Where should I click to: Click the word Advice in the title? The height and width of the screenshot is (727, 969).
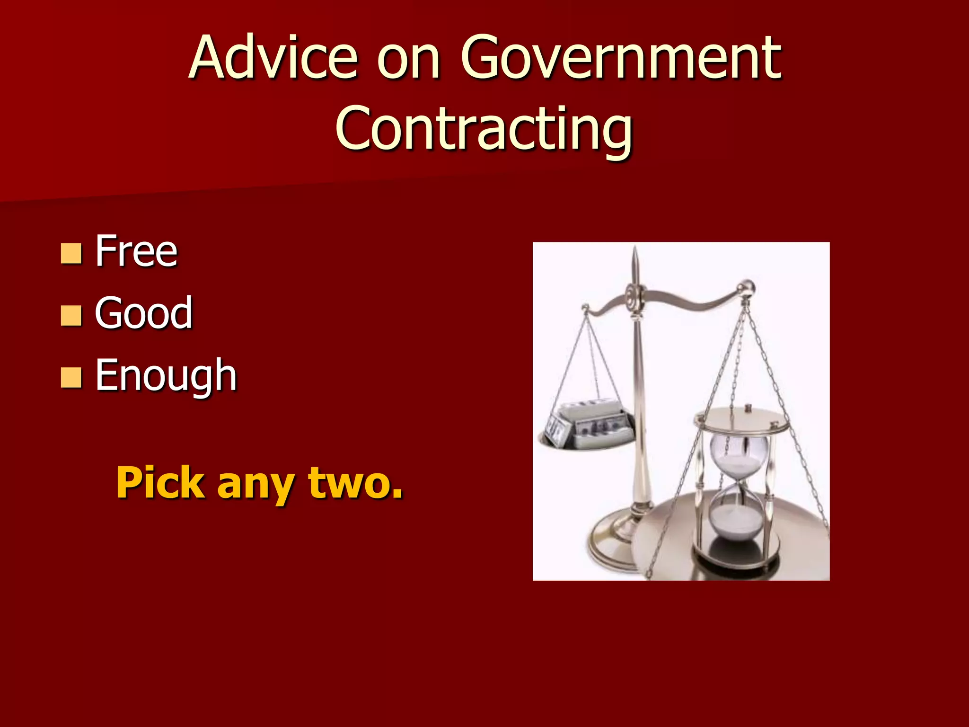273,58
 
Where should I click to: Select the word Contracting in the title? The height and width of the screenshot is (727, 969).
484,128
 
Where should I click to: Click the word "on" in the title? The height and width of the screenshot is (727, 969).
409,59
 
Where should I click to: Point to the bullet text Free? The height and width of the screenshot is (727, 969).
136,251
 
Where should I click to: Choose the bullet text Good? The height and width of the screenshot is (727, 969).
144,313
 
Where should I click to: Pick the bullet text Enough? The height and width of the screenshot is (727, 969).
166,375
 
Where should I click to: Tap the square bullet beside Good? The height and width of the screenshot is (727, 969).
71,316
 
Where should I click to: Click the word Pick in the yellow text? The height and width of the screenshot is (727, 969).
160,483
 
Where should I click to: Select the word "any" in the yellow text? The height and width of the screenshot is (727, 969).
256,484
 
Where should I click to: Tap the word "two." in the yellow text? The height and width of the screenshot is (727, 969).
355,483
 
